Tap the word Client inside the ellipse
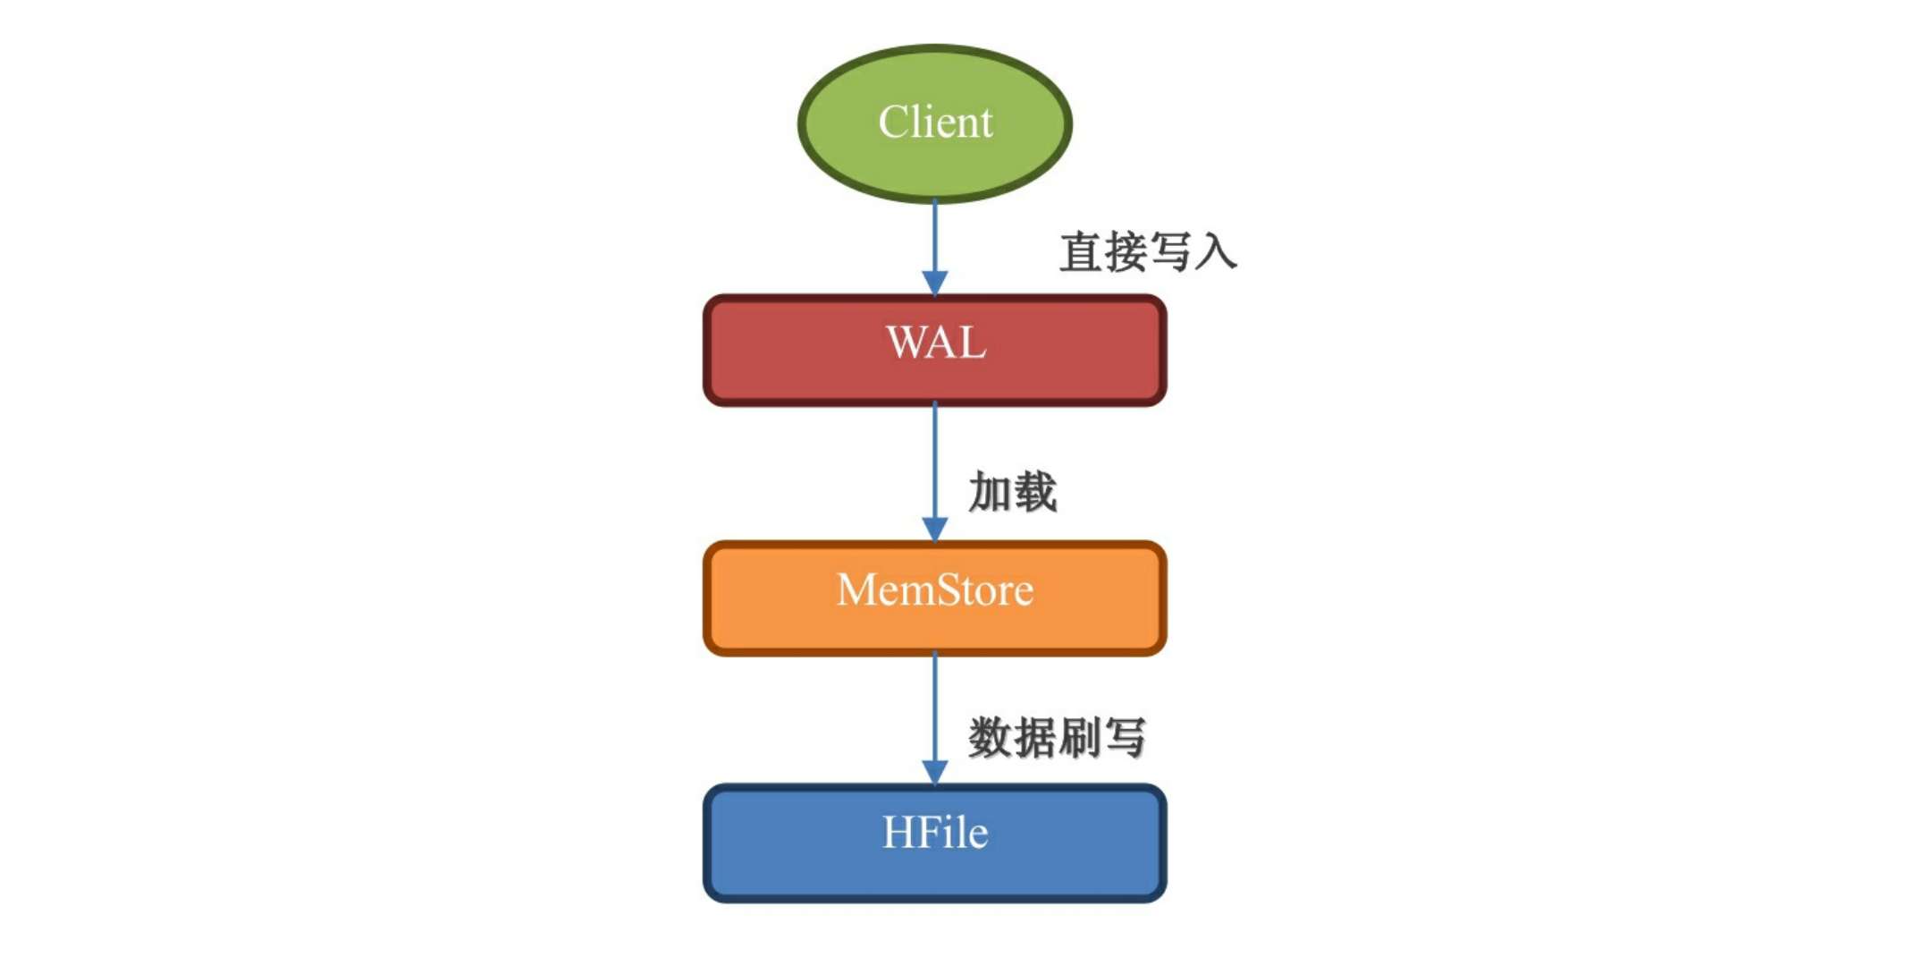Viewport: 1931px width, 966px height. click(935, 122)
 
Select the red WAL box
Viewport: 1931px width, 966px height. click(787, 351)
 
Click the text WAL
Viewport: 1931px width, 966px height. click(935, 343)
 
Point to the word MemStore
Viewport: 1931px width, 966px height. click(935, 590)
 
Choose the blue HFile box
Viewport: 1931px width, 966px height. click(787, 843)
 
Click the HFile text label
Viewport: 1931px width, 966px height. click(935, 833)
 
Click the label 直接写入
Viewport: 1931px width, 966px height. click(1148, 251)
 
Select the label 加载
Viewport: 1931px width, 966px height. click(1012, 492)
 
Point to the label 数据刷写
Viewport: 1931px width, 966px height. click(1057, 738)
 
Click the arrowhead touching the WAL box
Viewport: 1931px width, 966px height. click(935, 283)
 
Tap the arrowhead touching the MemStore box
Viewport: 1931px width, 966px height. click(935, 529)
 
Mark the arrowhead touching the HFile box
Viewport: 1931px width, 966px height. click(935, 772)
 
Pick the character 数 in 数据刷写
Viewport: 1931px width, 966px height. click(990, 738)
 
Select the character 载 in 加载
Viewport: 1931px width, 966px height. click(1035, 492)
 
